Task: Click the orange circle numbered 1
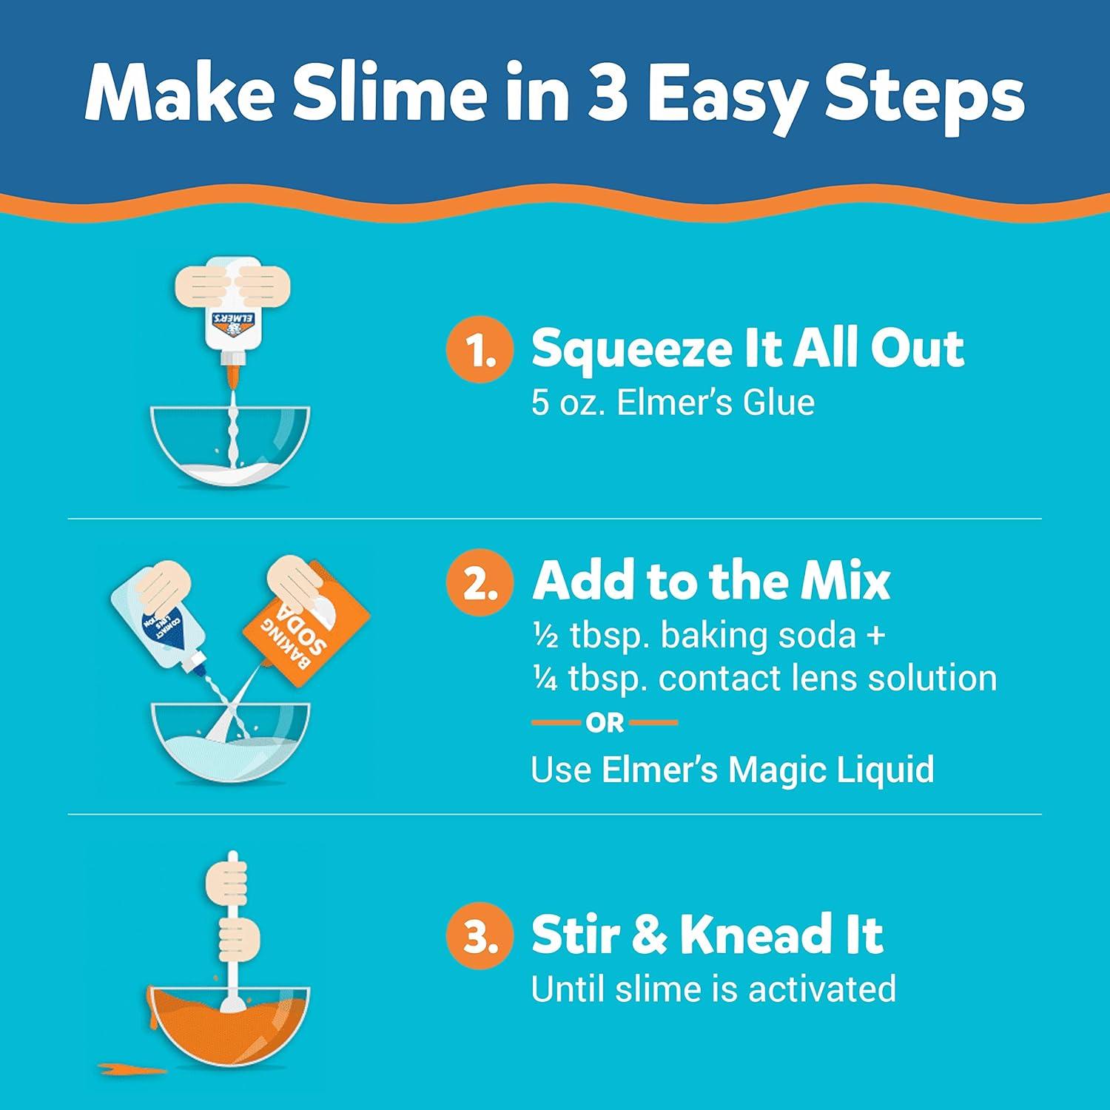(x=480, y=350)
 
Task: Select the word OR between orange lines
(x=605, y=723)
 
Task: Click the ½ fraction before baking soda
(x=545, y=636)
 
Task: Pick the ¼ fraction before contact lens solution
(x=545, y=679)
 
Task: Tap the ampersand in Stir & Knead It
(x=648, y=935)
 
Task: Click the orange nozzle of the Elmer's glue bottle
(x=234, y=369)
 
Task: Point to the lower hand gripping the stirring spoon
(x=238, y=936)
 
